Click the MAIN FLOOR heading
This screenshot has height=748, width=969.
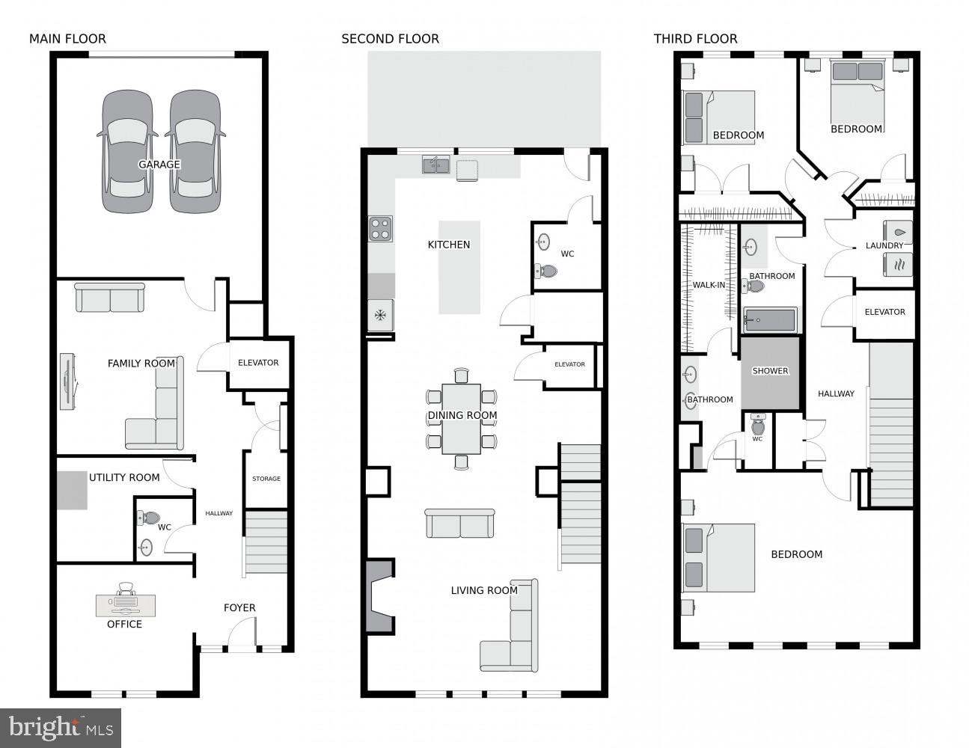[x=67, y=39]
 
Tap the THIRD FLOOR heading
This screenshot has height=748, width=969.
[x=695, y=39]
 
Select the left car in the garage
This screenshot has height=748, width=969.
[x=127, y=152]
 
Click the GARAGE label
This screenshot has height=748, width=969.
[x=159, y=165]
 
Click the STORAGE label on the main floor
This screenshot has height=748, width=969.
[x=266, y=479]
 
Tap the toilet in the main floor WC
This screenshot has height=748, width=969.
[x=150, y=518]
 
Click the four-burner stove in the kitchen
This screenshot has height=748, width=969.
[x=380, y=229]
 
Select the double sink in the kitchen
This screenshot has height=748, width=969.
[x=435, y=165]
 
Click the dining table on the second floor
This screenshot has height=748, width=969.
[x=461, y=419]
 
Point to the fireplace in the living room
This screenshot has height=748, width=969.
[x=379, y=597]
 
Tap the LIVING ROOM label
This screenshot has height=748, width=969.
[x=484, y=590]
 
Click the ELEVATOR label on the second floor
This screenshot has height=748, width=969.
[x=569, y=364]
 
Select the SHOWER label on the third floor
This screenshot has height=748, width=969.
[x=770, y=371]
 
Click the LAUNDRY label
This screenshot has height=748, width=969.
[x=884, y=245]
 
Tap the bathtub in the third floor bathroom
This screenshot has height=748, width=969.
[x=769, y=320]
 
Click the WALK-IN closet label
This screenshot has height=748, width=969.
[x=708, y=285]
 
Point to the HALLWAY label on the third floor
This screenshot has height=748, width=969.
[x=836, y=393]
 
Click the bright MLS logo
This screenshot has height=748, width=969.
[x=61, y=727]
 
